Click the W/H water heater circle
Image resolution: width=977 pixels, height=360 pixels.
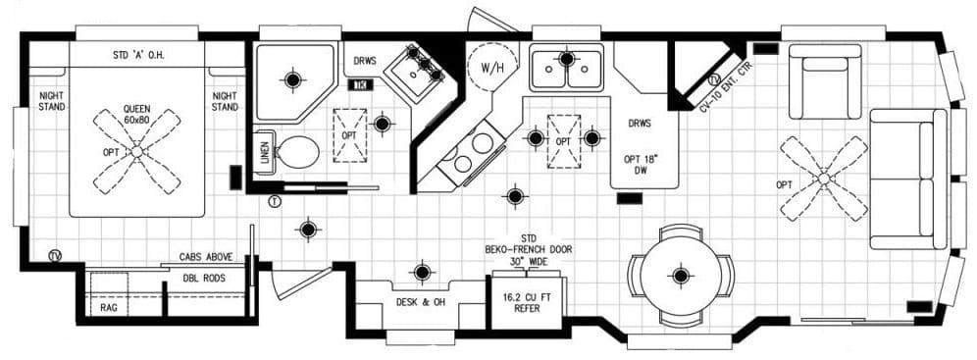coord(488,69)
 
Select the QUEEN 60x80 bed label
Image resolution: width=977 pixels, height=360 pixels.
coord(136,114)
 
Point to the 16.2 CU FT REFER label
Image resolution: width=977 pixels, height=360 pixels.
coord(527,302)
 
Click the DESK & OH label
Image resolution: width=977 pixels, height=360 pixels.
coord(420,301)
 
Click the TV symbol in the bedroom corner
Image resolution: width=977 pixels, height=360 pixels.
coord(56,257)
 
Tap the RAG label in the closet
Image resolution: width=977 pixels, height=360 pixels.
coord(108,307)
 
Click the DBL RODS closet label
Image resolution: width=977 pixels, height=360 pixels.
coord(203,279)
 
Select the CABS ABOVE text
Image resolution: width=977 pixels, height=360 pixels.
coord(205,257)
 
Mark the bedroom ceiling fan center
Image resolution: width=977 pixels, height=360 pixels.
coord(137,150)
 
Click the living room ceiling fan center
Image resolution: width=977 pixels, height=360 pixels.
coord(824,179)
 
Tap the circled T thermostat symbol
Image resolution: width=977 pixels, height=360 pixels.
coord(275,201)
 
